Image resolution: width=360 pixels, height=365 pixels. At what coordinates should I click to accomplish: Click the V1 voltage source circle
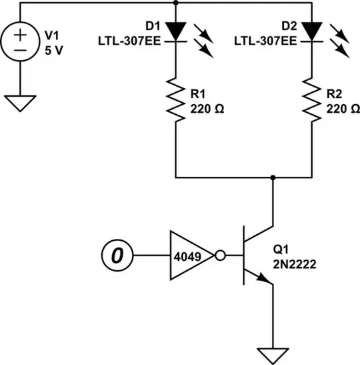pyautogui.click(x=19, y=43)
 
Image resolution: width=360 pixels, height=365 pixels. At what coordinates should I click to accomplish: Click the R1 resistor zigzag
pyautogui.click(x=176, y=98)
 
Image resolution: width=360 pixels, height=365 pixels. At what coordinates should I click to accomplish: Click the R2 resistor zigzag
pyautogui.click(x=312, y=98)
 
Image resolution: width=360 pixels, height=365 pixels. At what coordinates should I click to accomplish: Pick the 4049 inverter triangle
pyautogui.click(x=187, y=254)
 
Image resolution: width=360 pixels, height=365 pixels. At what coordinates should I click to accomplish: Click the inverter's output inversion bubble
pyautogui.click(x=218, y=254)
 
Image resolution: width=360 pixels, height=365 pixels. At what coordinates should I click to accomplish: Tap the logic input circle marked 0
pyautogui.click(x=116, y=254)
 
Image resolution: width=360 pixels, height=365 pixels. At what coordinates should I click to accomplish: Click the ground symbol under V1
pyautogui.click(x=19, y=102)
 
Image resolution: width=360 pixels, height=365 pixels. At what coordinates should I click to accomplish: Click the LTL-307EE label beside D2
pyautogui.click(x=265, y=41)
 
